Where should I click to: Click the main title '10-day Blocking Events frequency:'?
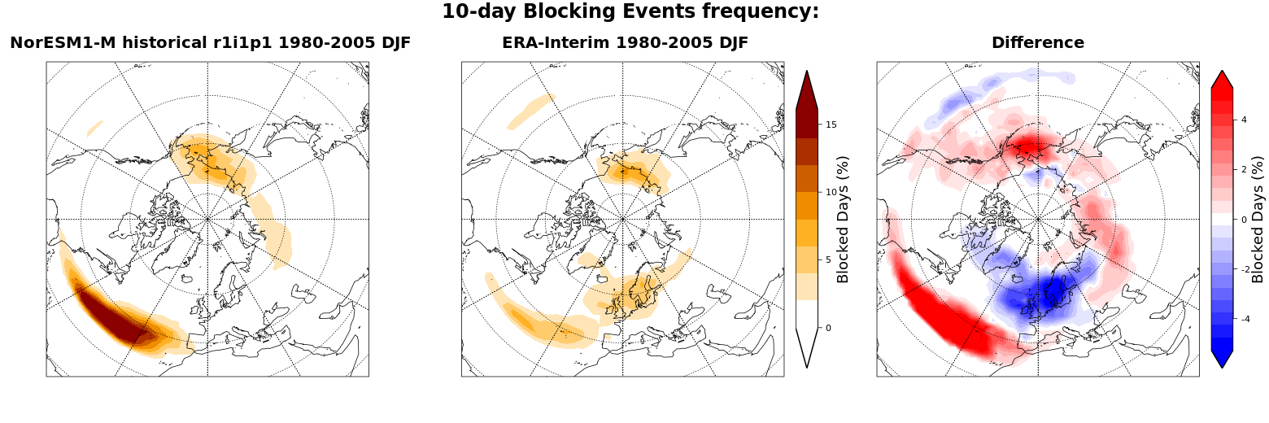coord(630,11)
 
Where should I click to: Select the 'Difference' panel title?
coord(1038,42)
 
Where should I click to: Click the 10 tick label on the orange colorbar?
coord(831,192)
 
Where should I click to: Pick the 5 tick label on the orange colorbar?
coord(828,260)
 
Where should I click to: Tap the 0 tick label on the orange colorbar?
coord(828,328)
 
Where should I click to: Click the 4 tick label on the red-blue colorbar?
coord(1244,120)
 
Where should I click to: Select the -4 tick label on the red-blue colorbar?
coord(1245,320)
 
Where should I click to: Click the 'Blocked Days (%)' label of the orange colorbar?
coord(843,220)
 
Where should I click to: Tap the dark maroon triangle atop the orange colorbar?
coord(807,94)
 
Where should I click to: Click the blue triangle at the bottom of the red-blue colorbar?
coord(1222,355)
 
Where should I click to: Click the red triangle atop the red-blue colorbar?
coord(1222,81)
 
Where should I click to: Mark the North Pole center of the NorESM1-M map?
coord(207,219)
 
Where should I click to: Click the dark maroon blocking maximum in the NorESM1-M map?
coord(111,314)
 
